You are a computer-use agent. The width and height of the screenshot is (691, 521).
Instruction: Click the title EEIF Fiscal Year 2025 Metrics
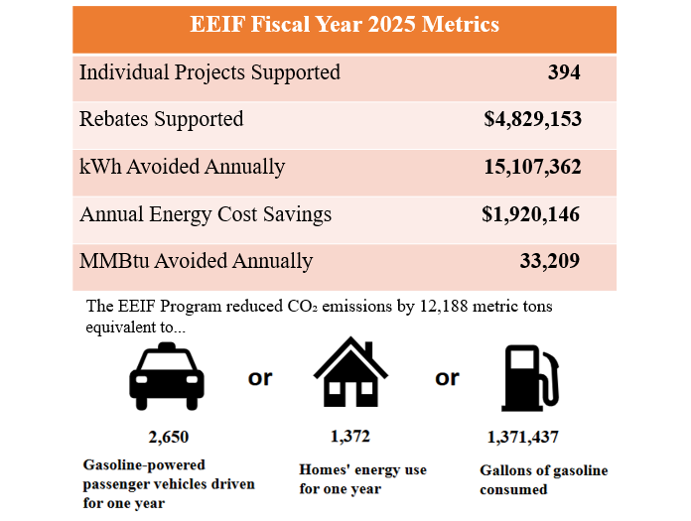pos(345,25)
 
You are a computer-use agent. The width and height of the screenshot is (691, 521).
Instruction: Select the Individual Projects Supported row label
pos(209,72)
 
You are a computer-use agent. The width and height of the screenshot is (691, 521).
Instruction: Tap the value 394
pos(564,72)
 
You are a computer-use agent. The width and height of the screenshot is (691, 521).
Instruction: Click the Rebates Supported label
pos(161,119)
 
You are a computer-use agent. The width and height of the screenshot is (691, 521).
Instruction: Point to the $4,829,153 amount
pos(532,119)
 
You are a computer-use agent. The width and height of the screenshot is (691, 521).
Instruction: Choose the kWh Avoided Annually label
pos(182,167)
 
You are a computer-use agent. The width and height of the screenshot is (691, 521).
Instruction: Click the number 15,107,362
pos(532,167)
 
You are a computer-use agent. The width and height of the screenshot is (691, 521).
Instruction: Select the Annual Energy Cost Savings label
pos(206,214)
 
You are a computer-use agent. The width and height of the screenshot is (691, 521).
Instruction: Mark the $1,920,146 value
pos(531,214)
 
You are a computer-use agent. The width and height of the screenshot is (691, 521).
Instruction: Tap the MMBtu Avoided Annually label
pos(196,262)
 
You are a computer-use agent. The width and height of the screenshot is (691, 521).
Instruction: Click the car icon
pos(167,377)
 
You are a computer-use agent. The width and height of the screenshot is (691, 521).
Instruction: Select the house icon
pos(350,374)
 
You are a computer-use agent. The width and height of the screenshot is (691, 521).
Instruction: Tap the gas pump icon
pos(529,377)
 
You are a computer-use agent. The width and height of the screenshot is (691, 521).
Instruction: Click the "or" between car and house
pos(260,377)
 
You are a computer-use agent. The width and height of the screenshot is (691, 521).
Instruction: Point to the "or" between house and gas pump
pos(447,377)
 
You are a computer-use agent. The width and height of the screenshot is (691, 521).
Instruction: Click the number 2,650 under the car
pos(167,437)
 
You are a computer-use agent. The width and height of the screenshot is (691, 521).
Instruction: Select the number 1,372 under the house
pos(350,436)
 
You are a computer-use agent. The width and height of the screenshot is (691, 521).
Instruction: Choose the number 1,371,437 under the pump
pos(528,437)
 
